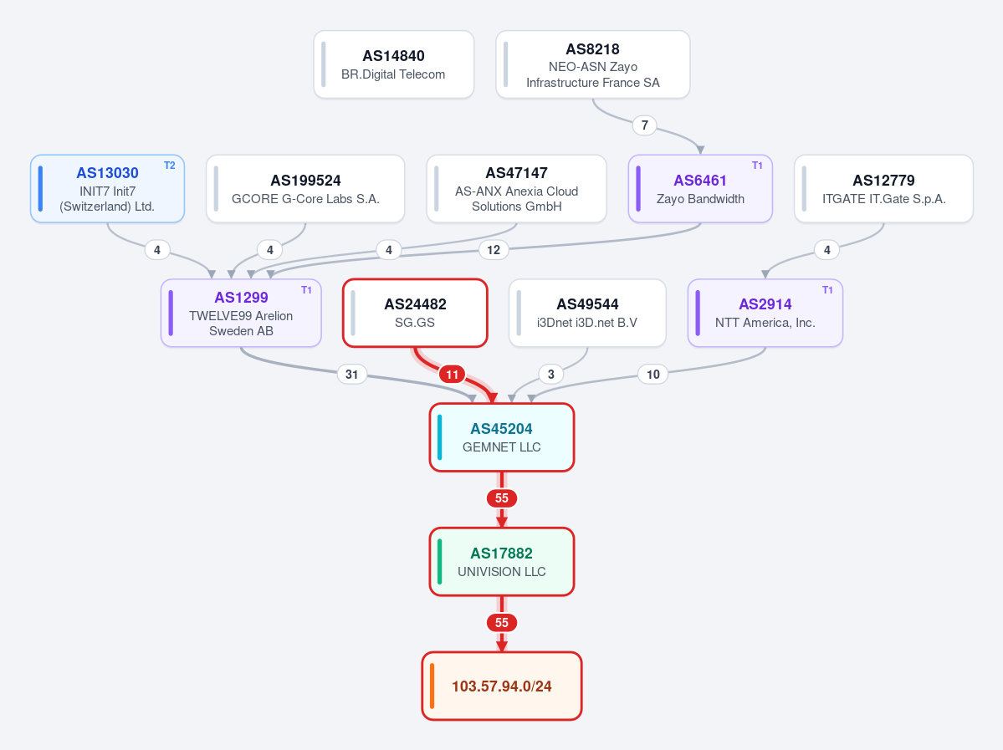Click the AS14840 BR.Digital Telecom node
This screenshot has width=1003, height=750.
[x=393, y=64]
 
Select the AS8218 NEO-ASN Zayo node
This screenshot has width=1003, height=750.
[x=593, y=64]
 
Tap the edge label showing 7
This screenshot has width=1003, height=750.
[x=644, y=125]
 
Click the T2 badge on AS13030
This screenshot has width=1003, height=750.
[x=170, y=166]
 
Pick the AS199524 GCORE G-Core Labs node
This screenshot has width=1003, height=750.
[x=305, y=189]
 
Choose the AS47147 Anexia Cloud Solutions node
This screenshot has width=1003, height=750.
[x=516, y=189]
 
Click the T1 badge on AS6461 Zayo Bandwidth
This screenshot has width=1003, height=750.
[x=757, y=166]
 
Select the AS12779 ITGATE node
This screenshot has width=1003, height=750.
[x=883, y=189]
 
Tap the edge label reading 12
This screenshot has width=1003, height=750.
[x=494, y=250]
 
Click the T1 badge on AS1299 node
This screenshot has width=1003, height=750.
[x=306, y=290]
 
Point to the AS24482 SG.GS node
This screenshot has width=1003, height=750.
[x=415, y=314]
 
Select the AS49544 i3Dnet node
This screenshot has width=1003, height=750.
[x=587, y=314]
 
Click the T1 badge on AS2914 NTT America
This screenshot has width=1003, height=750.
[x=827, y=290]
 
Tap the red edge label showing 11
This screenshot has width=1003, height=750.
[x=453, y=375]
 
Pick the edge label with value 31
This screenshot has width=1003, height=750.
[x=352, y=375]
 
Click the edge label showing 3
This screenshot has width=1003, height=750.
[x=550, y=375]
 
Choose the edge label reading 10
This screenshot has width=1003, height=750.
[x=653, y=375]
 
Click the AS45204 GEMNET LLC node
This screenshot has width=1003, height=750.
[x=502, y=437]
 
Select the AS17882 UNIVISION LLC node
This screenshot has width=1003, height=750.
[x=502, y=562]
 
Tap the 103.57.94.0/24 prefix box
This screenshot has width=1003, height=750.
[x=502, y=686]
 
